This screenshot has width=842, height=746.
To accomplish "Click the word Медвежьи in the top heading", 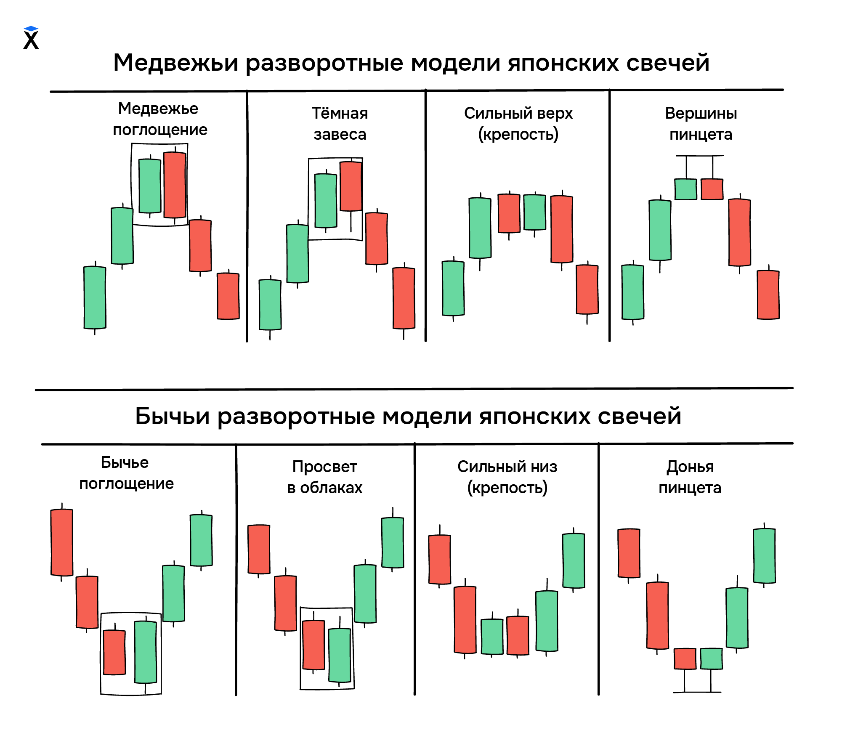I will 175,63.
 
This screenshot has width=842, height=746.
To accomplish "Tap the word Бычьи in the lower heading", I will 172,417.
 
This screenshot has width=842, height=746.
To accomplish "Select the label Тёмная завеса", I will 340,124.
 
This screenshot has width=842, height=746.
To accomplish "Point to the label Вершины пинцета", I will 701,124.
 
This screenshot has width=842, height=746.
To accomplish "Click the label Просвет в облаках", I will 324,477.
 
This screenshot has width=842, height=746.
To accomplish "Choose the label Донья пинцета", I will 690,477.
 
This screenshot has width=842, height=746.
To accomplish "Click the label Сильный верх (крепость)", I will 518,124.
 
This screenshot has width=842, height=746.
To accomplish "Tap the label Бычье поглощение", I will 126,473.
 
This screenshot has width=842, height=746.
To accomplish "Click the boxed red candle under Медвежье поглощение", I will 175,185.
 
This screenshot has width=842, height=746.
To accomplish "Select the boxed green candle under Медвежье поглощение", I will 150,186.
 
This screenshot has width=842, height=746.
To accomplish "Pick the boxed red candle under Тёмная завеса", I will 351,186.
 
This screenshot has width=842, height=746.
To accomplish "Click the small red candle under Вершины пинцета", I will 712,189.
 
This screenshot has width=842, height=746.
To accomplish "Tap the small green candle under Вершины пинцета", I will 685,189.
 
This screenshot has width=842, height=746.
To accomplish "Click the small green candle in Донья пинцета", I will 711,658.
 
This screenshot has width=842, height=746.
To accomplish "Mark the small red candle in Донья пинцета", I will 685,658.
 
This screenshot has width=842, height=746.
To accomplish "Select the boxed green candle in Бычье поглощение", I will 146,652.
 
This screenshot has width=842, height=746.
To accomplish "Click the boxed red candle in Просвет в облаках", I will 313,645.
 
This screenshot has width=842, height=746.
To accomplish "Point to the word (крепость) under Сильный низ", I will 507,488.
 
